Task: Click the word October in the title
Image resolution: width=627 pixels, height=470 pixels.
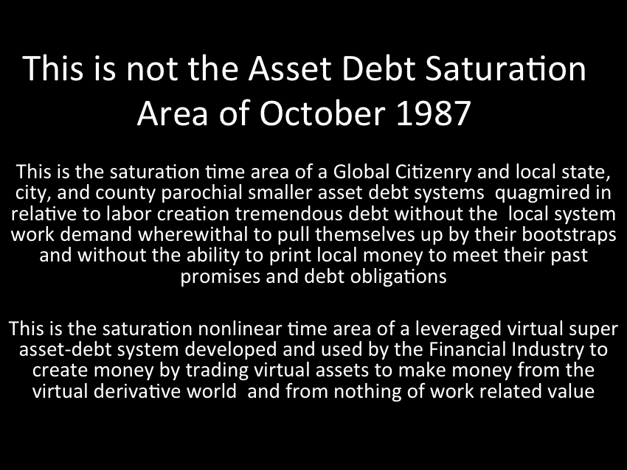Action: click(322, 113)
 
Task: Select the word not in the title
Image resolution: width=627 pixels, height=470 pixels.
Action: click(152, 69)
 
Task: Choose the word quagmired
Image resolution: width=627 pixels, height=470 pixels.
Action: click(538, 194)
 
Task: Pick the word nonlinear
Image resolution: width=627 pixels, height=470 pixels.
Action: click(240, 329)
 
